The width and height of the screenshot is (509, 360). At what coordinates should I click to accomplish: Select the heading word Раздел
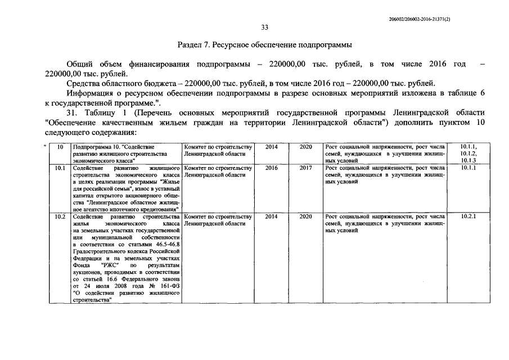point(191,44)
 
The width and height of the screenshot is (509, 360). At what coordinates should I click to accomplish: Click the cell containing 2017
point(306,168)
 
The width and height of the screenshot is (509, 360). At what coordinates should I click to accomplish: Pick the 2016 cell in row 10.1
point(271,168)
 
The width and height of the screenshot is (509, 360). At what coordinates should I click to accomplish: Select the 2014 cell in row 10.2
point(271,217)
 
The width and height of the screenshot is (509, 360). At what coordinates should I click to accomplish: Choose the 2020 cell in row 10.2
point(306,217)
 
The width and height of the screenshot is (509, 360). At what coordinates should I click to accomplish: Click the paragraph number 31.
point(71,113)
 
